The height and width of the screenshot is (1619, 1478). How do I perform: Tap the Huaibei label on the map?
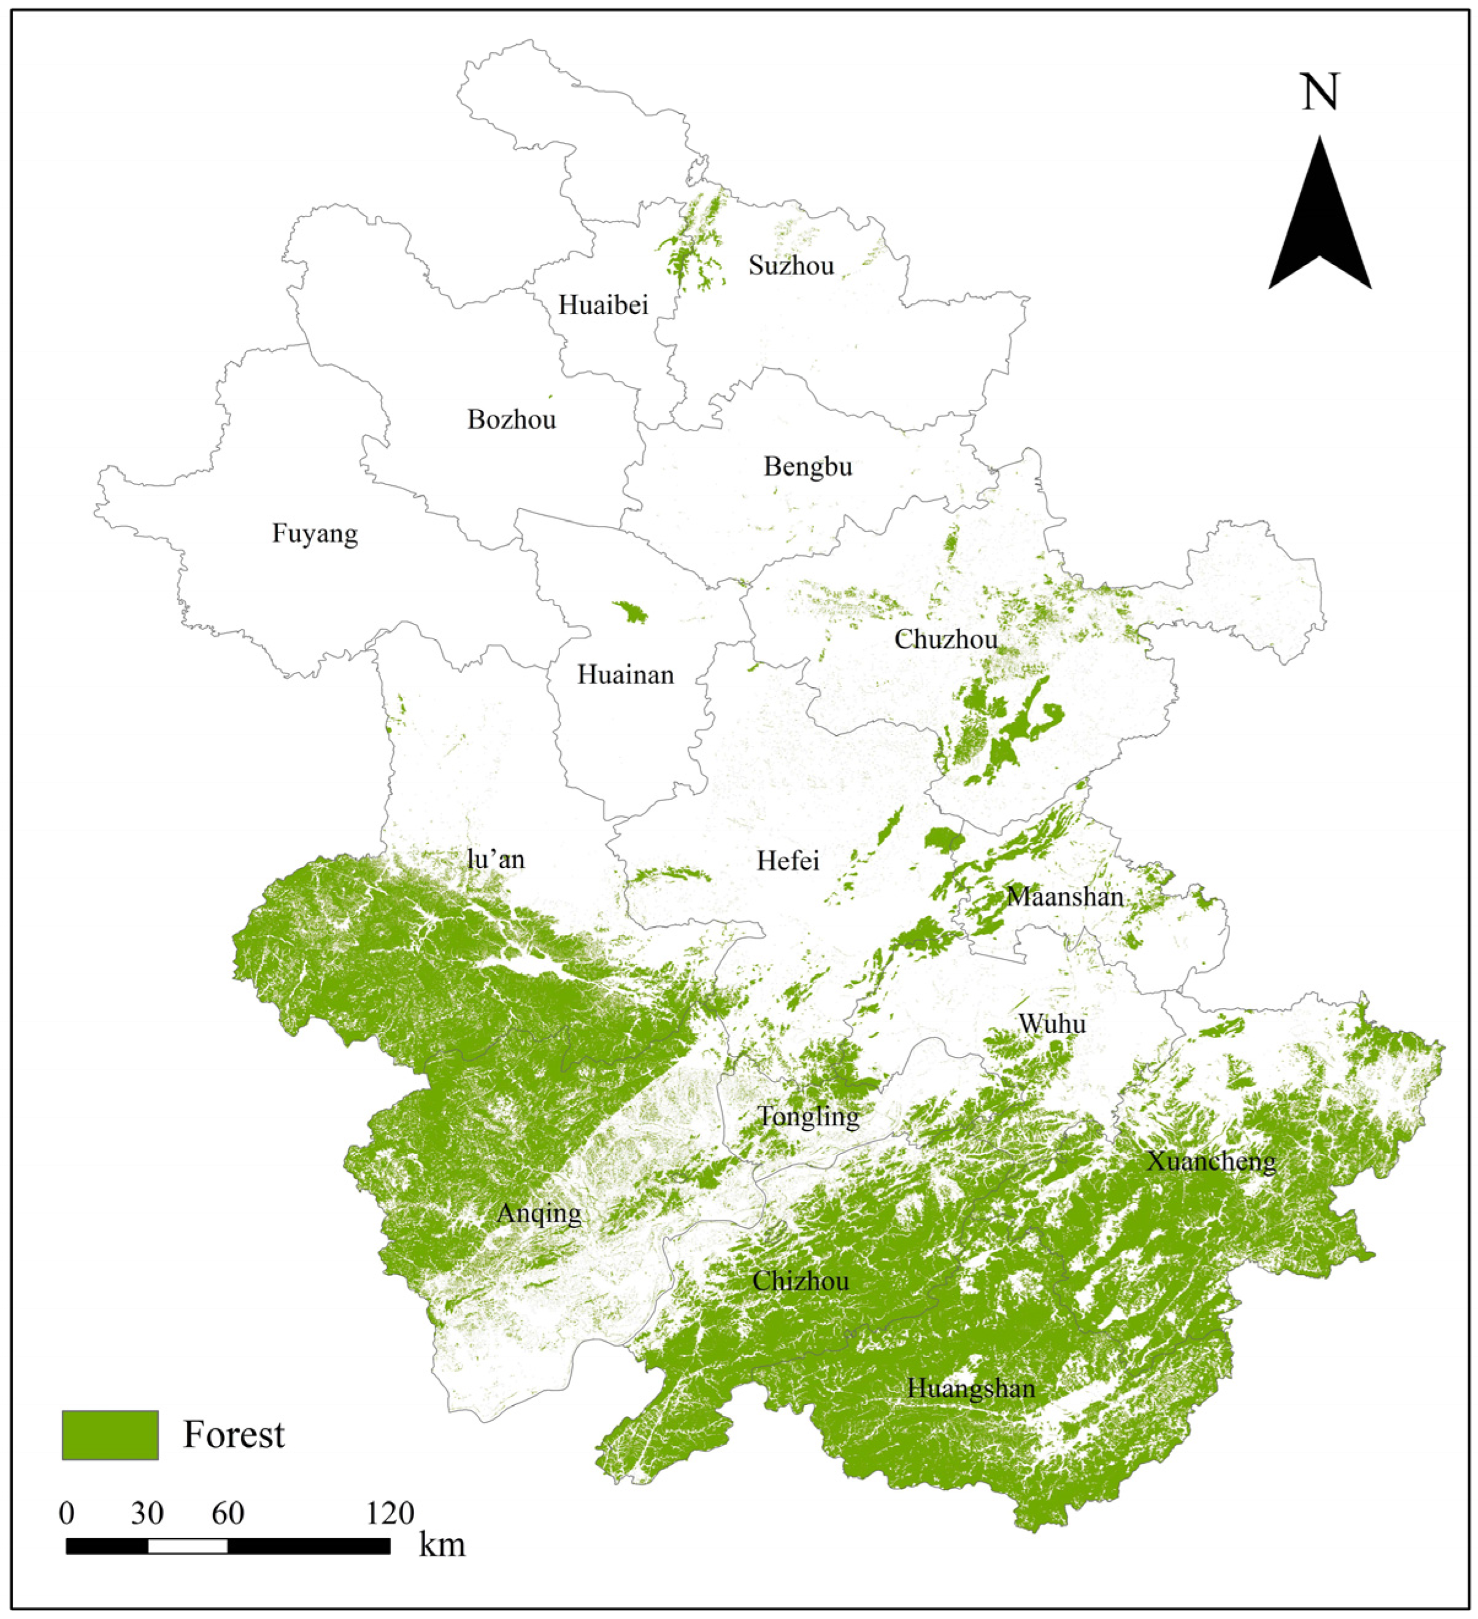point(602,305)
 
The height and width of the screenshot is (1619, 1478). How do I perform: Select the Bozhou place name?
point(511,420)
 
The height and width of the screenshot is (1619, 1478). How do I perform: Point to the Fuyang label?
point(314,534)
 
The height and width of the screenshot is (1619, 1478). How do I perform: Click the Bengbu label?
point(807,467)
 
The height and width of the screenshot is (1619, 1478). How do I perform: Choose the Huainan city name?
point(625,675)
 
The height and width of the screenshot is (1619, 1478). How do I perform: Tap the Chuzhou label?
point(945,640)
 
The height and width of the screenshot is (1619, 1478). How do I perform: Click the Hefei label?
point(787,862)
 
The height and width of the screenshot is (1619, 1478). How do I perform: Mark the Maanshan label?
point(1064,897)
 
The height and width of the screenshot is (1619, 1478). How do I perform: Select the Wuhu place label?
point(1052,1024)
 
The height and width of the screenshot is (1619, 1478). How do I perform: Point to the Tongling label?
point(808,1117)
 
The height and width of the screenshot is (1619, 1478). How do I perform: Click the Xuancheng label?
point(1210,1162)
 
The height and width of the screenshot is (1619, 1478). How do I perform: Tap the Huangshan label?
point(971,1388)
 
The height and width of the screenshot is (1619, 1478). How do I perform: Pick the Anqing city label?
point(538,1213)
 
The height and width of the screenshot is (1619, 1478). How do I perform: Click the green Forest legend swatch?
point(110,1435)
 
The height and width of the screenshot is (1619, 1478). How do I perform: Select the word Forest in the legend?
point(234,1435)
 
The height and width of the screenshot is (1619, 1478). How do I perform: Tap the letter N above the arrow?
point(1320,93)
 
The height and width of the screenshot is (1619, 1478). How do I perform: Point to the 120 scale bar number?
point(390,1514)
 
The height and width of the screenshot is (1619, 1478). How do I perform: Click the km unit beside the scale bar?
point(442,1546)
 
